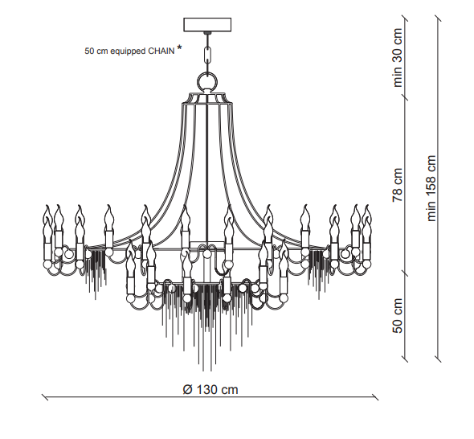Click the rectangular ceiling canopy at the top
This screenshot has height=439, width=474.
point(207,24)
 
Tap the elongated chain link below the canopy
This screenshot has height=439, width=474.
point(208,55)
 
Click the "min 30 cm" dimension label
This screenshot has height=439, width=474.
point(398,57)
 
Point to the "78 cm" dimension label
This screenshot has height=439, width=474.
point(398,185)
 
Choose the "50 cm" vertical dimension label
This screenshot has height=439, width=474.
point(398,315)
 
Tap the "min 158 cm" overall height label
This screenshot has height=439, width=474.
point(431,188)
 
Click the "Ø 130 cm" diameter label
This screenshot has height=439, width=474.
point(210,389)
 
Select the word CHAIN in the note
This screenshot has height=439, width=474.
point(161,51)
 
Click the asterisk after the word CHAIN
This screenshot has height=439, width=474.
point(180,47)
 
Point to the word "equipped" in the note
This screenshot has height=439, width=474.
point(128,51)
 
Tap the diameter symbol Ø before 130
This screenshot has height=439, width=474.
point(187,389)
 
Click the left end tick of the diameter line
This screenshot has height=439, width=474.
point(45,397)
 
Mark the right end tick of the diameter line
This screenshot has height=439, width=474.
point(375,397)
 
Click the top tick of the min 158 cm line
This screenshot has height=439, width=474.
point(438,18)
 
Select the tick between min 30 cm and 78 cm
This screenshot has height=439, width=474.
point(405,96)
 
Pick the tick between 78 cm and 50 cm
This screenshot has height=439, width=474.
point(405,273)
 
